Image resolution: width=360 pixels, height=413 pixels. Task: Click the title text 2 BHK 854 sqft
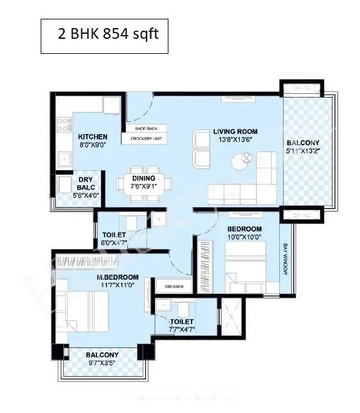click(x=108, y=33)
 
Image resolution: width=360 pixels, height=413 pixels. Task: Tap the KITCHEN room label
click(x=92, y=137)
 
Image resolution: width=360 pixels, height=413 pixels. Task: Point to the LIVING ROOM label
click(x=235, y=131)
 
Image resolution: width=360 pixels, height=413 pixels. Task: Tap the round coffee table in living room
click(x=241, y=162)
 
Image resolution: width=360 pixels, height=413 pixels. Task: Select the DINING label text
click(x=143, y=178)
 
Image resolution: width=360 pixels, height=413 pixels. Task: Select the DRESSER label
click(x=173, y=287)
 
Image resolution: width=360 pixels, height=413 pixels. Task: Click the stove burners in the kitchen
click(x=63, y=125)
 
